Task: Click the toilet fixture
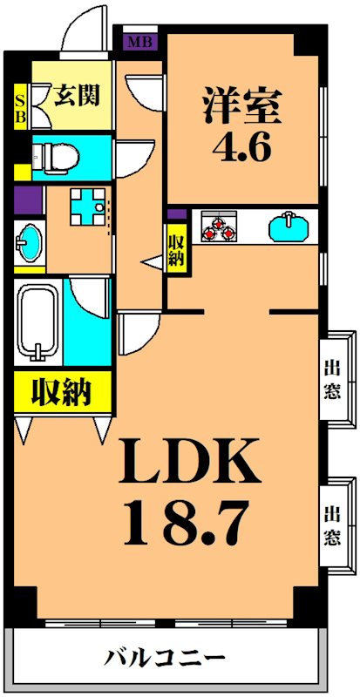pyautogui.click(x=57, y=157)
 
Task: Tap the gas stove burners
pyautogui.click(x=219, y=227)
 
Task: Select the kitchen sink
pyautogui.click(x=289, y=228)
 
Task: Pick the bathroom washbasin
pyautogui.click(x=29, y=241)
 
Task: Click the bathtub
pyautogui.click(x=36, y=321)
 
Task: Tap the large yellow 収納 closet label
pyautogui.click(x=62, y=392)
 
